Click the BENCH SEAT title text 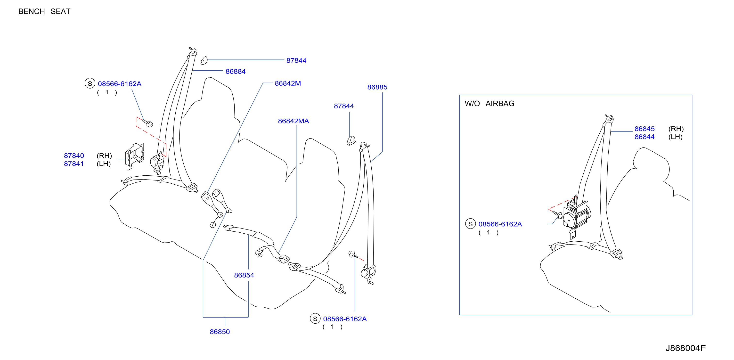44,11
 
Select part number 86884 235,72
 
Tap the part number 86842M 288,83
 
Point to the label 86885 377,87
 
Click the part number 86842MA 294,121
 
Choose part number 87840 74,156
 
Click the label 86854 244,275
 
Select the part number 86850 220,332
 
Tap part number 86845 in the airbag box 644,129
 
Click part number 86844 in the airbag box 644,137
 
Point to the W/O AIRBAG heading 489,104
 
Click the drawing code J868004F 685,348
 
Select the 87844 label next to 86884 296,60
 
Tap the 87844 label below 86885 344,106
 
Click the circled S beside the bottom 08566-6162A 315,319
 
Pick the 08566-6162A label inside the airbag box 500,224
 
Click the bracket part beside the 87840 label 134,156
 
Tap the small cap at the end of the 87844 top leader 204,60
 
